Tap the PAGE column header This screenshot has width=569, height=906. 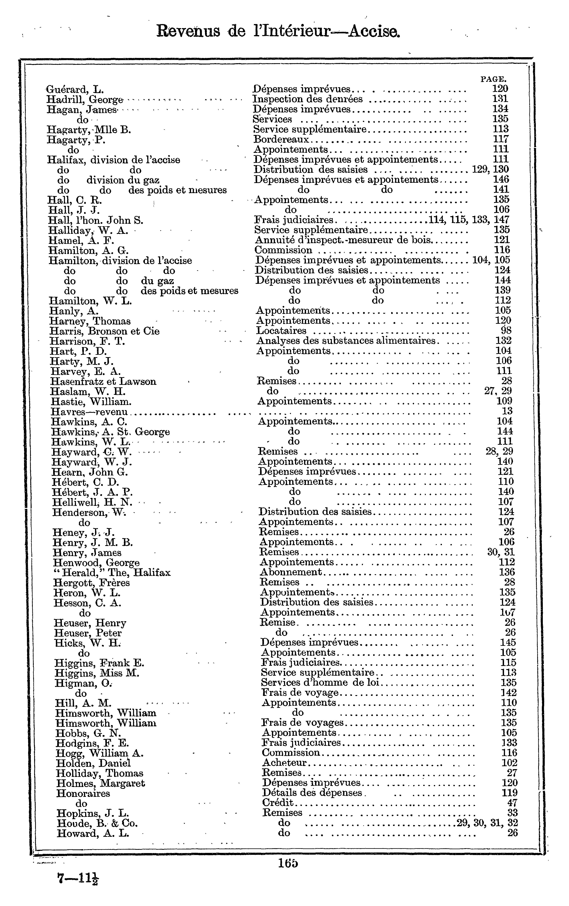pyautogui.click(x=493, y=79)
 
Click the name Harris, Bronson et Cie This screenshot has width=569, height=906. pyautogui.click(x=105, y=331)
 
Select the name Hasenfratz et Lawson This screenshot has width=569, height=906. pyautogui.click(x=103, y=382)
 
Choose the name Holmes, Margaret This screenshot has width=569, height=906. pyautogui.click(x=100, y=783)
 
